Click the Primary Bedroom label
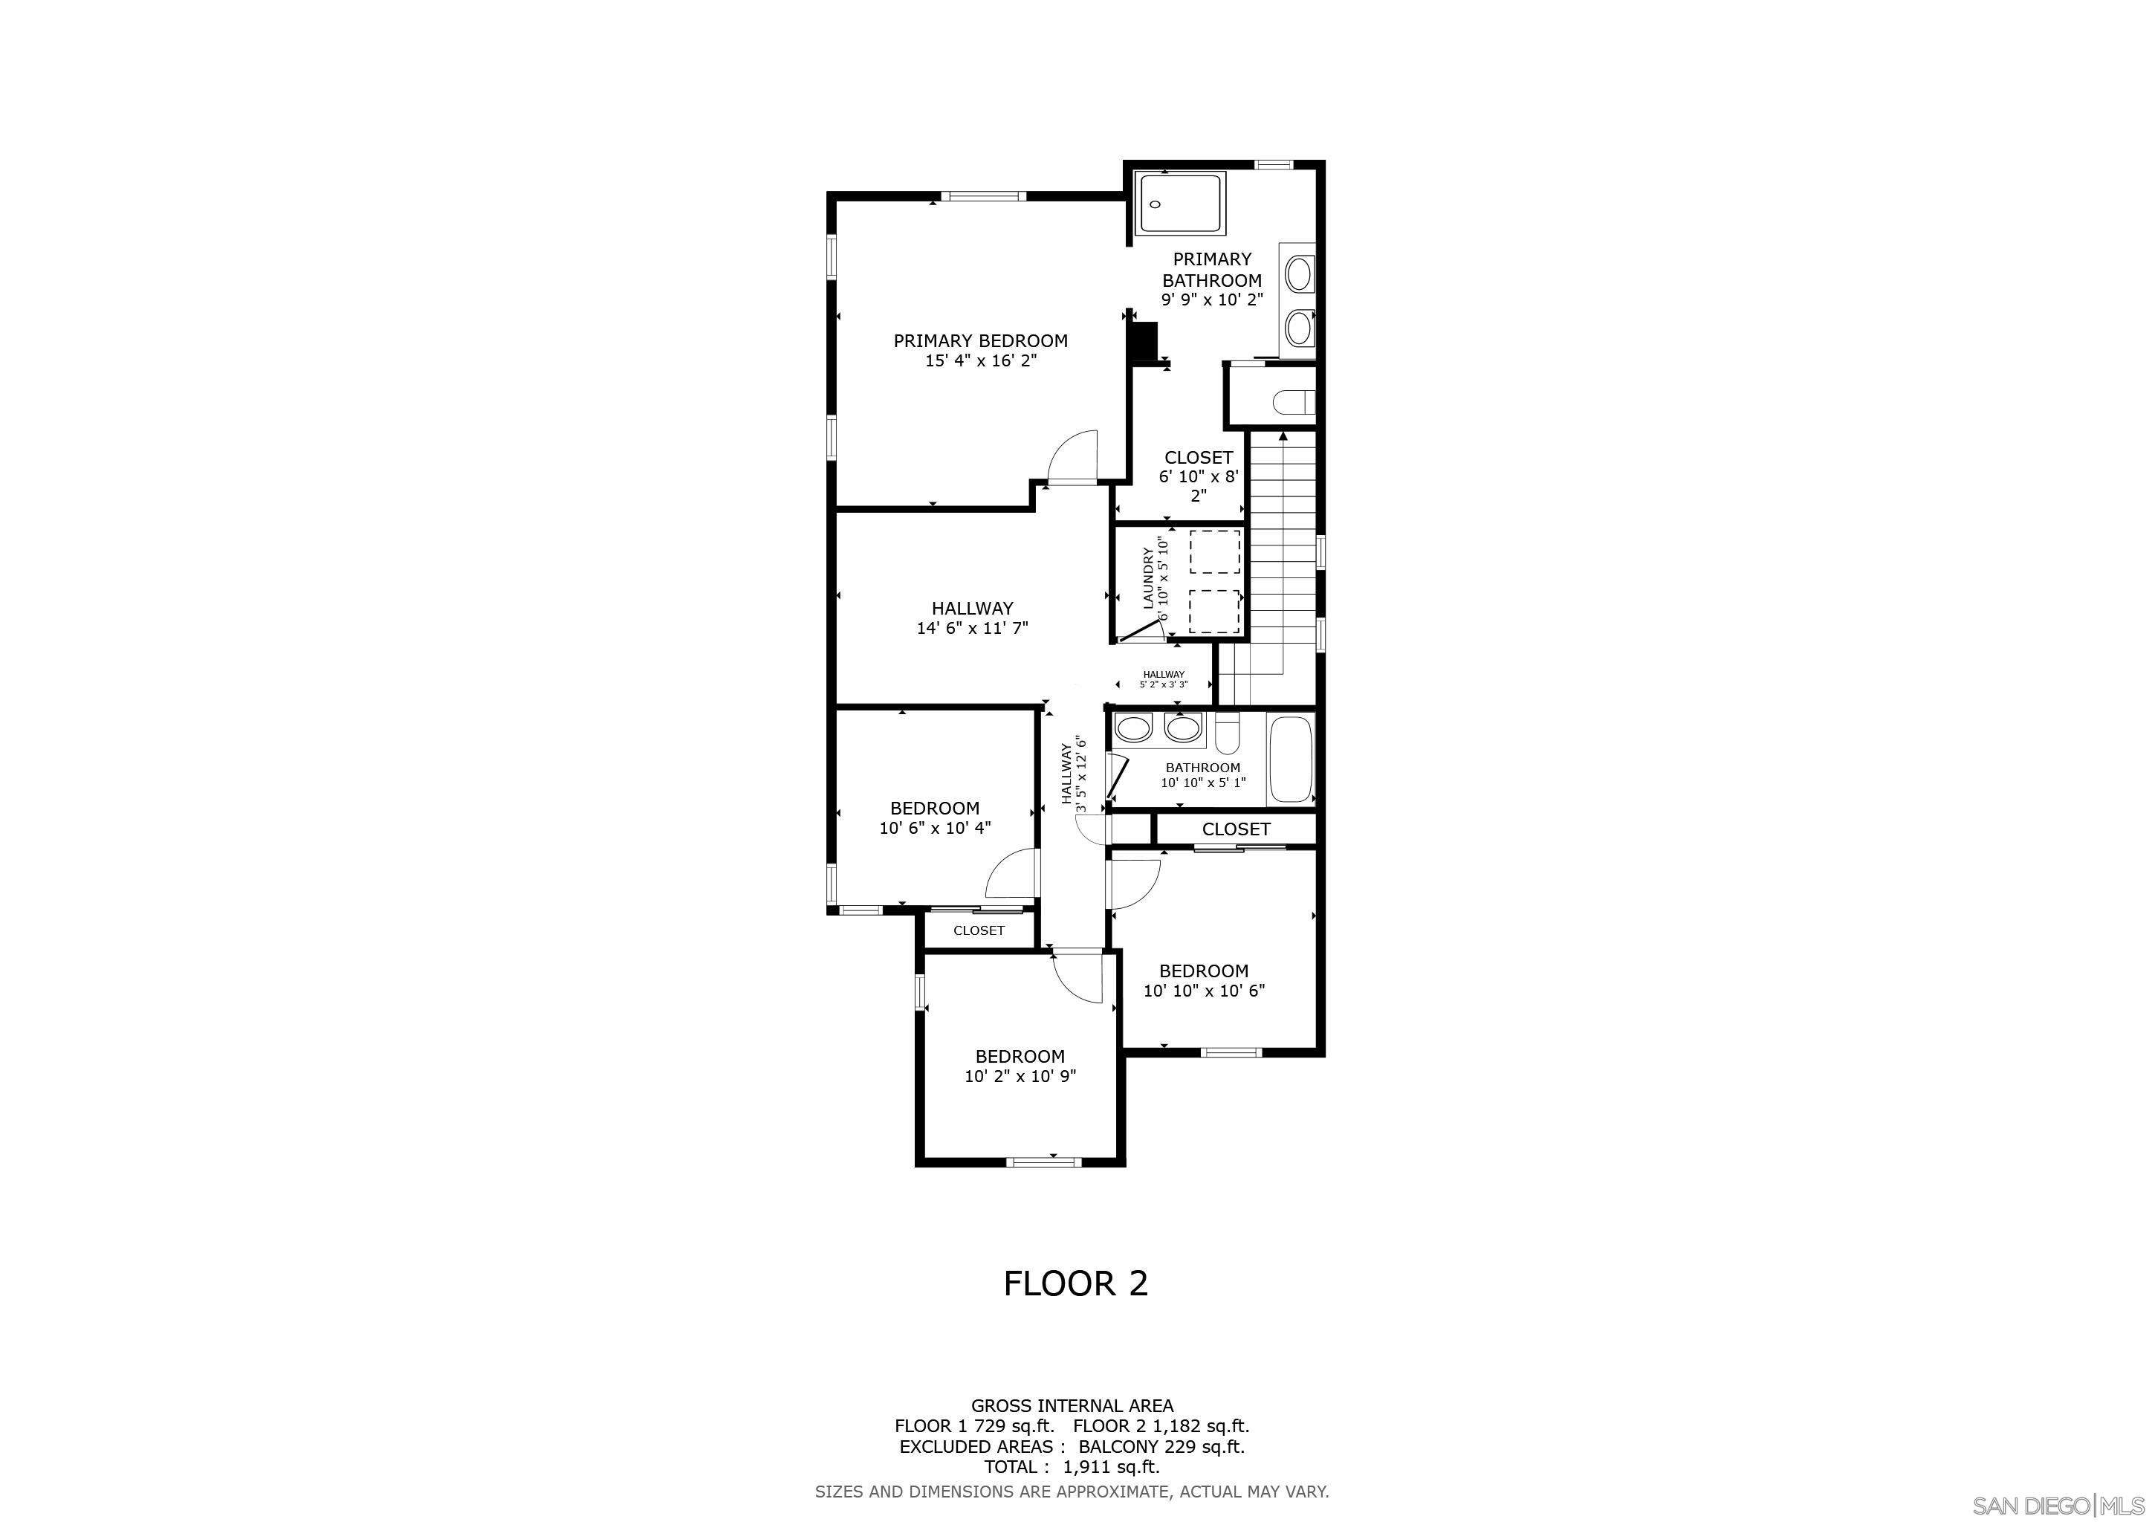[980, 341]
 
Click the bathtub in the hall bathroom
[1291, 759]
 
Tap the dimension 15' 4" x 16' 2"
[980, 361]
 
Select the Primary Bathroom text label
[1212, 270]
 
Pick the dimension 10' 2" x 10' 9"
[1020, 1077]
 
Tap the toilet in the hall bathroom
[1227, 734]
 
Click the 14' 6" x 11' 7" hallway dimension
[972, 628]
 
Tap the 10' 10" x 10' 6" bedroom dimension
[1204, 991]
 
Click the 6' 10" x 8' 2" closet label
[1199, 477]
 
